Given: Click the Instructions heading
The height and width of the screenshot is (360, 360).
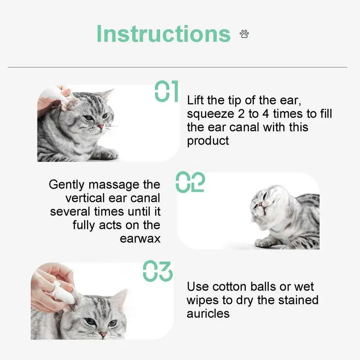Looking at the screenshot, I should click(163, 34).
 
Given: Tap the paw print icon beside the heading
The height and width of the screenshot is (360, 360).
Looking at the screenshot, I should click(244, 34).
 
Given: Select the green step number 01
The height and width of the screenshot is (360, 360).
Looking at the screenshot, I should click(167, 91).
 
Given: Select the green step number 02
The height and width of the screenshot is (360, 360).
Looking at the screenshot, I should click(190, 182).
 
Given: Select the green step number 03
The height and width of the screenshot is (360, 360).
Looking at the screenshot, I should click(157, 271).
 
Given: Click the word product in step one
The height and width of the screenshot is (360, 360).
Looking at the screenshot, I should click(208, 140).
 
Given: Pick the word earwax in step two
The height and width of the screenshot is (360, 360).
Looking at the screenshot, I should click(140, 238).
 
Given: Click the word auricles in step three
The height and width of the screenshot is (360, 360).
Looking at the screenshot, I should click(208, 313).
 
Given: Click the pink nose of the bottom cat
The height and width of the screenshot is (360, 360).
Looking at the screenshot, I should click(103, 334).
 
